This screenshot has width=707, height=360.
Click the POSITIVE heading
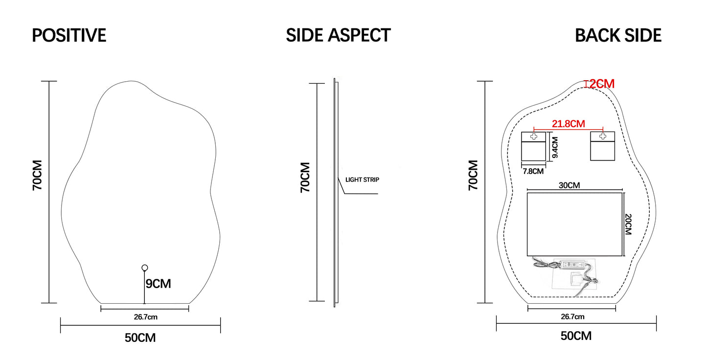tap(69, 36)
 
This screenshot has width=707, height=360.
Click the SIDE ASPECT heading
tap(338, 35)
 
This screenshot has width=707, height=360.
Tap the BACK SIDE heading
tap(618, 36)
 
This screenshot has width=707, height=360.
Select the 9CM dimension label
tap(158, 283)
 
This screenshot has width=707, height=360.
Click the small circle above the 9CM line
tap(144, 268)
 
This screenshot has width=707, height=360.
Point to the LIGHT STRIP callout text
tap(362, 180)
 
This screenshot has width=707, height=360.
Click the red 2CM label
tap(602, 84)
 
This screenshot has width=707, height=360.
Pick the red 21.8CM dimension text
tap(569, 124)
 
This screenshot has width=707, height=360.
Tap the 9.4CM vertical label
tap(555, 148)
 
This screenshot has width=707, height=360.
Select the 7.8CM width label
tap(533, 171)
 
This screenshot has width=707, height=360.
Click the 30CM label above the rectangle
tap(569, 186)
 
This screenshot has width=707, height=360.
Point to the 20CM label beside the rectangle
tap(629, 224)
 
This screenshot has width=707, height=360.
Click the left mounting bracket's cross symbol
tap(533, 136)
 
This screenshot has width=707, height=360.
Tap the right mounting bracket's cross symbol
tap(603, 136)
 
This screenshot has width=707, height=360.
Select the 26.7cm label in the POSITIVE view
tap(146, 317)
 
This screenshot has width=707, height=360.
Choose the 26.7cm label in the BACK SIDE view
tap(572, 317)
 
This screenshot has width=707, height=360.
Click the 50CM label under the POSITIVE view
tap(140, 337)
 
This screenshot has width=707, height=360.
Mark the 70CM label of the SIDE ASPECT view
tap(305, 177)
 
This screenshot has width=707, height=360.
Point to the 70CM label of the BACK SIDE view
tap(473, 175)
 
